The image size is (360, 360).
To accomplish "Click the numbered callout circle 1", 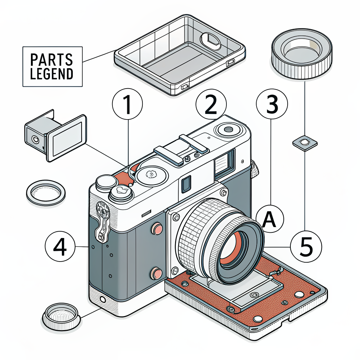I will pyautogui.click(x=127, y=104).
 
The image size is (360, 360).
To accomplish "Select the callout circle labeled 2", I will pyautogui.click(x=211, y=104).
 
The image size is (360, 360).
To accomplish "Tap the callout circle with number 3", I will pyautogui.click(x=272, y=104).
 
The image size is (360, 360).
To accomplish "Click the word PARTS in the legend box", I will pyautogui.click(x=52, y=60).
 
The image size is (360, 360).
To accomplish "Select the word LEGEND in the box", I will pyautogui.click(x=52, y=74).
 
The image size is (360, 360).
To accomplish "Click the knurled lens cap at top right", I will pyautogui.click(x=302, y=54).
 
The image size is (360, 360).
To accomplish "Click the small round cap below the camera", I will pyautogui.click(x=62, y=316).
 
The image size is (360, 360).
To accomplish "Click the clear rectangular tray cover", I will pyautogui.click(x=179, y=54).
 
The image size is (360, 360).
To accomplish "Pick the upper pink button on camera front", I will pyautogui.click(x=156, y=230).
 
